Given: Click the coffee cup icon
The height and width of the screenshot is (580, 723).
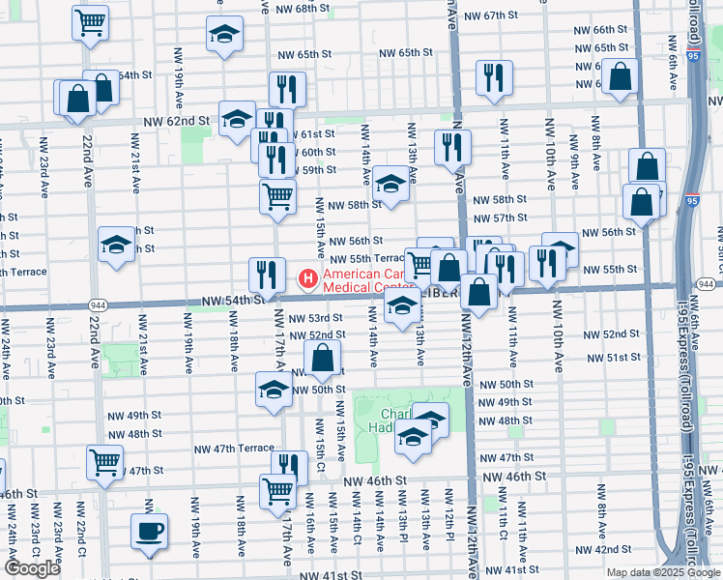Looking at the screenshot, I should point(150,531).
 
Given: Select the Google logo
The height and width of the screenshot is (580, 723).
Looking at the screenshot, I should point(32,568).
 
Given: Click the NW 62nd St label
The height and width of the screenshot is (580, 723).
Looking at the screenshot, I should point(176,122).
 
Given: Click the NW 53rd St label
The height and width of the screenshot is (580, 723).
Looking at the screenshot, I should point(320,318).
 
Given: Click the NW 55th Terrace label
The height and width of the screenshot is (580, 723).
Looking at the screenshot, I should point(366,258).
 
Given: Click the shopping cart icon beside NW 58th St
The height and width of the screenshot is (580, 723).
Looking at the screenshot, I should point(277,195).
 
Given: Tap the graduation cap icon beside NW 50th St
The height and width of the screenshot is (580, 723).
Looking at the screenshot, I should point(274,390).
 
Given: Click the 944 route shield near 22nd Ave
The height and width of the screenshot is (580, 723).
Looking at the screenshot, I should point(98,302).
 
